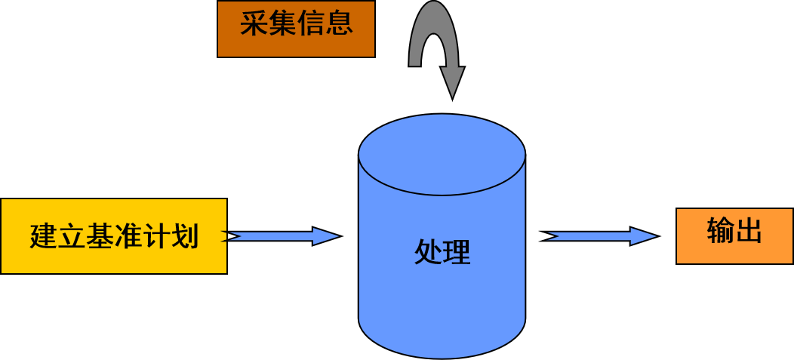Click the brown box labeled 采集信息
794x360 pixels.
point(296,29)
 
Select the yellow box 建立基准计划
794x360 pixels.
point(114,236)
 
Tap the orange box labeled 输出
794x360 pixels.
point(734,236)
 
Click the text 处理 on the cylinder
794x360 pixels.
point(442,252)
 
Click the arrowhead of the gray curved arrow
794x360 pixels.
point(452,82)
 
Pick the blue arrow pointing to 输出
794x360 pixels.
point(600,236)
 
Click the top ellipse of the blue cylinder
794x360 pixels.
point(442,155)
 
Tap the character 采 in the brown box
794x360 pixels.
point(254,23)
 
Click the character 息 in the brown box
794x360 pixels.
point(339,23)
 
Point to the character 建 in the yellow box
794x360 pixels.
point(43,237)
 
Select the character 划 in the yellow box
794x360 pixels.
point(185,237)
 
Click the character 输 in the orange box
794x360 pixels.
point(721,231)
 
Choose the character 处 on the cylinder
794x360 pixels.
point(428,252)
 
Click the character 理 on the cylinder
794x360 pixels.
point(457,252)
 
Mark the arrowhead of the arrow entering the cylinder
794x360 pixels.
point(325,236)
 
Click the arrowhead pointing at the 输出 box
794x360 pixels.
point(643,236)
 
